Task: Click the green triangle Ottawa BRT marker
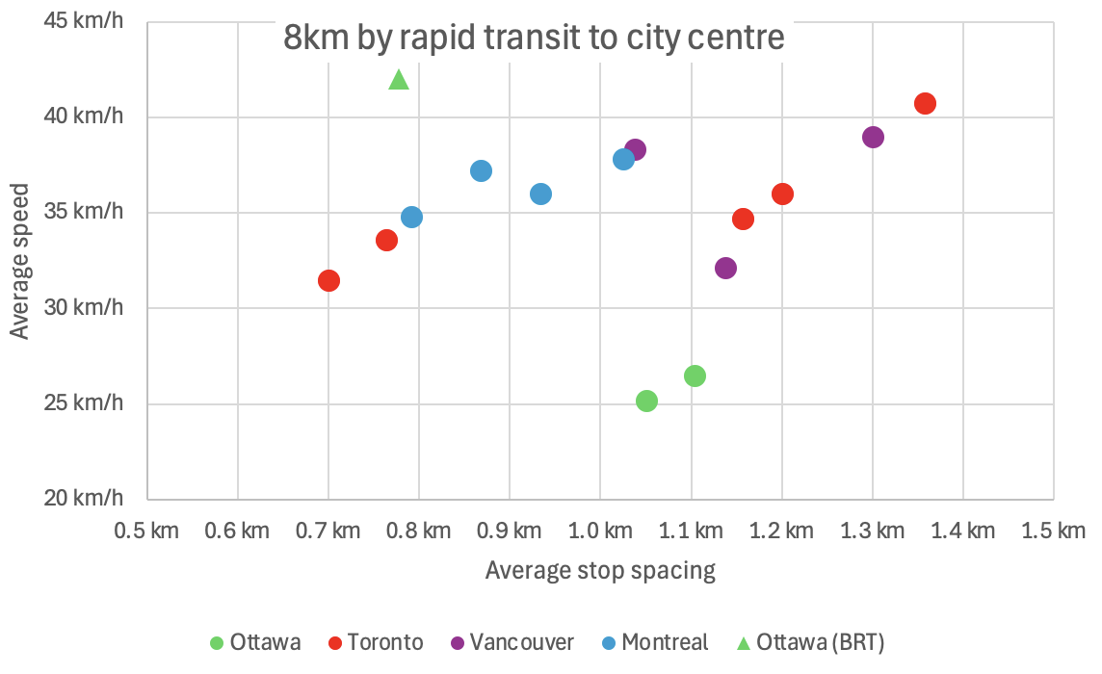click(x=399, y=80)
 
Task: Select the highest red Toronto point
click(x=925, y=104)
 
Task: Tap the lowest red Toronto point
click(x=328, y=280)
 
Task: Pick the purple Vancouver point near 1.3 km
click(x=873, y=137)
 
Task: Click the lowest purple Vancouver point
click(x=725, y=268)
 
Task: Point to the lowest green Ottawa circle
click(x=646, y=401)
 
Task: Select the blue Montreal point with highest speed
click(x=623, y=159)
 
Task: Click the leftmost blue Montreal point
click(x=411, y=217)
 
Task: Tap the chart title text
click(x=534, y=39)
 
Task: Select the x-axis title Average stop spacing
click(x=600, y=570)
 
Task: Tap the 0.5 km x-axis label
click(x=146, y=531)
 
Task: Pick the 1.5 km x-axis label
click(x=1053, y=531)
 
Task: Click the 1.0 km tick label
click(x=600, y=531)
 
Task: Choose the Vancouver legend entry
click(x=512, y=642)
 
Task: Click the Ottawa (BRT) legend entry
click(x=809, y=642)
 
